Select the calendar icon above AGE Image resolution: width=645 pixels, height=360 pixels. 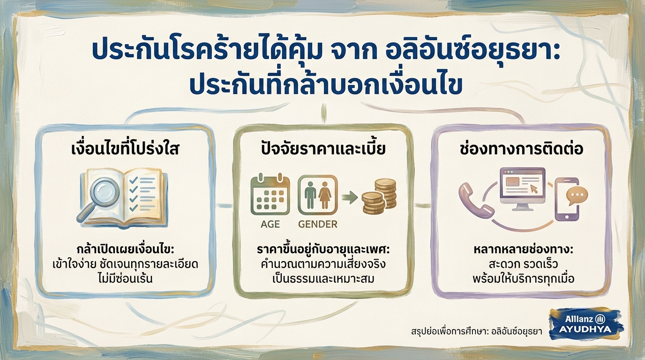tap(270, 195)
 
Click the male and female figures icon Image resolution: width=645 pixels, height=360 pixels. tap(317, 195)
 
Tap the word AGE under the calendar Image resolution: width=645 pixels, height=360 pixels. tap(270, 224)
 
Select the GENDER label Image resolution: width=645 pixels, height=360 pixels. tap(317, 224)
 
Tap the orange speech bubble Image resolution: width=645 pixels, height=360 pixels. tap(577, 195)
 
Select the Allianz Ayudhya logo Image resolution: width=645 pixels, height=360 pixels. tap(585, 324)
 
